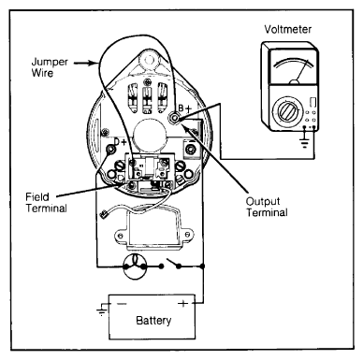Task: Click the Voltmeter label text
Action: click(x=287, y=29)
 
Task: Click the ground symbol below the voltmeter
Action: click(x=304, y=141)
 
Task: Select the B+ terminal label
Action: click(x=184, y=108)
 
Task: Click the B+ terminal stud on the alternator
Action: click(x=174, y=119)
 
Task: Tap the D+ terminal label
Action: click(x=120, y=142)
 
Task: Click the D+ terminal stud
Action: click(x=110, y=150)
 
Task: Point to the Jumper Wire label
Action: click(x=50, y=67)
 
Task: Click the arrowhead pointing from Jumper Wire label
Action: click(x=95, y=64)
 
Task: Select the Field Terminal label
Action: click(x=46, y=202)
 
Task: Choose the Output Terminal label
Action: click(x=267, y=207)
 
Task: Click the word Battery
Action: click(x=153, y=320)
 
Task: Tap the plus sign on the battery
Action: click(x=183, y=303)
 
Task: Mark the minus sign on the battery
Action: click(x=122, y=303)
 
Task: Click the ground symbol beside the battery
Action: click(x=101, y=310)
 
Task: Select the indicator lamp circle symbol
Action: click(x=135, y=266)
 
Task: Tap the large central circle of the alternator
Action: click(x=150, y=135)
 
